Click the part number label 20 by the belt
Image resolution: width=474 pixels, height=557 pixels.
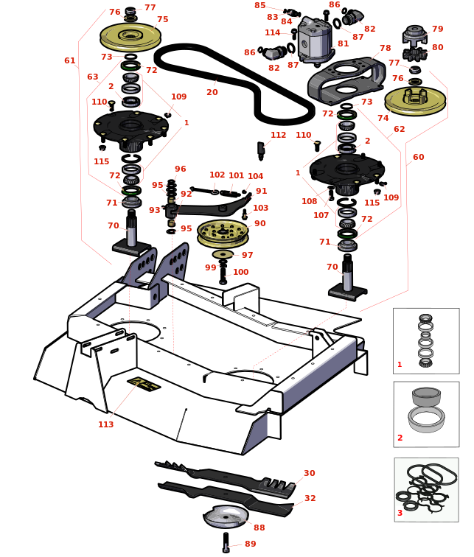pos(212,93)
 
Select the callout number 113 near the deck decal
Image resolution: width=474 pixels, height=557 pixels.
pos(106,424)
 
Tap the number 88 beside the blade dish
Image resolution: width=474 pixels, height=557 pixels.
pos(259,528)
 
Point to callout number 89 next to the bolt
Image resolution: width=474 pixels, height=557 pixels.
pos(251,544)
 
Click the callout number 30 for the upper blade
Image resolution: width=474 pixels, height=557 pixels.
pos(310,474)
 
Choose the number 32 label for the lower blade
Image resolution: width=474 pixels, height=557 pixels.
pos(310,499)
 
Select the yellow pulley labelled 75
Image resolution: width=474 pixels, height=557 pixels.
pos(130,36)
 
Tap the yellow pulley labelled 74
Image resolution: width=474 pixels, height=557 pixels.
pos(415,99)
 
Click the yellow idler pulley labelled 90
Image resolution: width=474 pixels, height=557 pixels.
pos(223,233)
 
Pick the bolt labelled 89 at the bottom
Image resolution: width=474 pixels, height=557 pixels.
pos(226,542)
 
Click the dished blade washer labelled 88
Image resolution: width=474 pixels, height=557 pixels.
pos(226,516)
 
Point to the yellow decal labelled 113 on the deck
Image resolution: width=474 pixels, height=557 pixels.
pos(144,384)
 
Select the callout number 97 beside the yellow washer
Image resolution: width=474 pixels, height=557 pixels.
pos(248,256)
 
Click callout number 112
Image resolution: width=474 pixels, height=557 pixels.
pos(278,136)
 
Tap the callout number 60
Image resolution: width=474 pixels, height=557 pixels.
pos(419,158)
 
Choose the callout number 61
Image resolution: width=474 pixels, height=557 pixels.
pos(70,61)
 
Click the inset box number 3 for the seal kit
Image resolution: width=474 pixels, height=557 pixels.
pos(400,513)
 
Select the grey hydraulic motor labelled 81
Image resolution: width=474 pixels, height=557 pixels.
pos(316,43)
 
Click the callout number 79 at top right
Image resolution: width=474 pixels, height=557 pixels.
pos(438,29)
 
